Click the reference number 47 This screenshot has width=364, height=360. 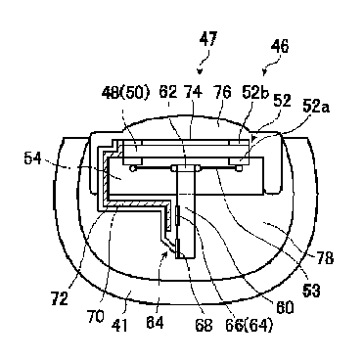(208, 40)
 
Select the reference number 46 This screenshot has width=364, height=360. (280, 46)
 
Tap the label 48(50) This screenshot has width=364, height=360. (125, 93)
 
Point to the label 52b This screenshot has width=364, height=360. (255, 92)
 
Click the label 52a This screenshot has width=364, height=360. (316, 106)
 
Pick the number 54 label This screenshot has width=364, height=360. (32, 158)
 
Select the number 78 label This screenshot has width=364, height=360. (325, 258)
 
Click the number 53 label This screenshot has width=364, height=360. (311, 291)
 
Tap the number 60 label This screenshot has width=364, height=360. (285, 307)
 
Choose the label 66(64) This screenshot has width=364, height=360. (249, 325)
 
